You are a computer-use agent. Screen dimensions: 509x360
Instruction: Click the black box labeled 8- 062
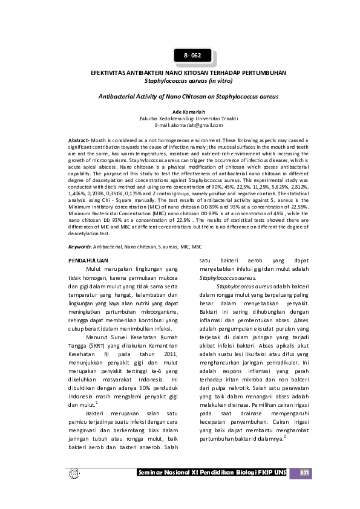click(192, 56)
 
